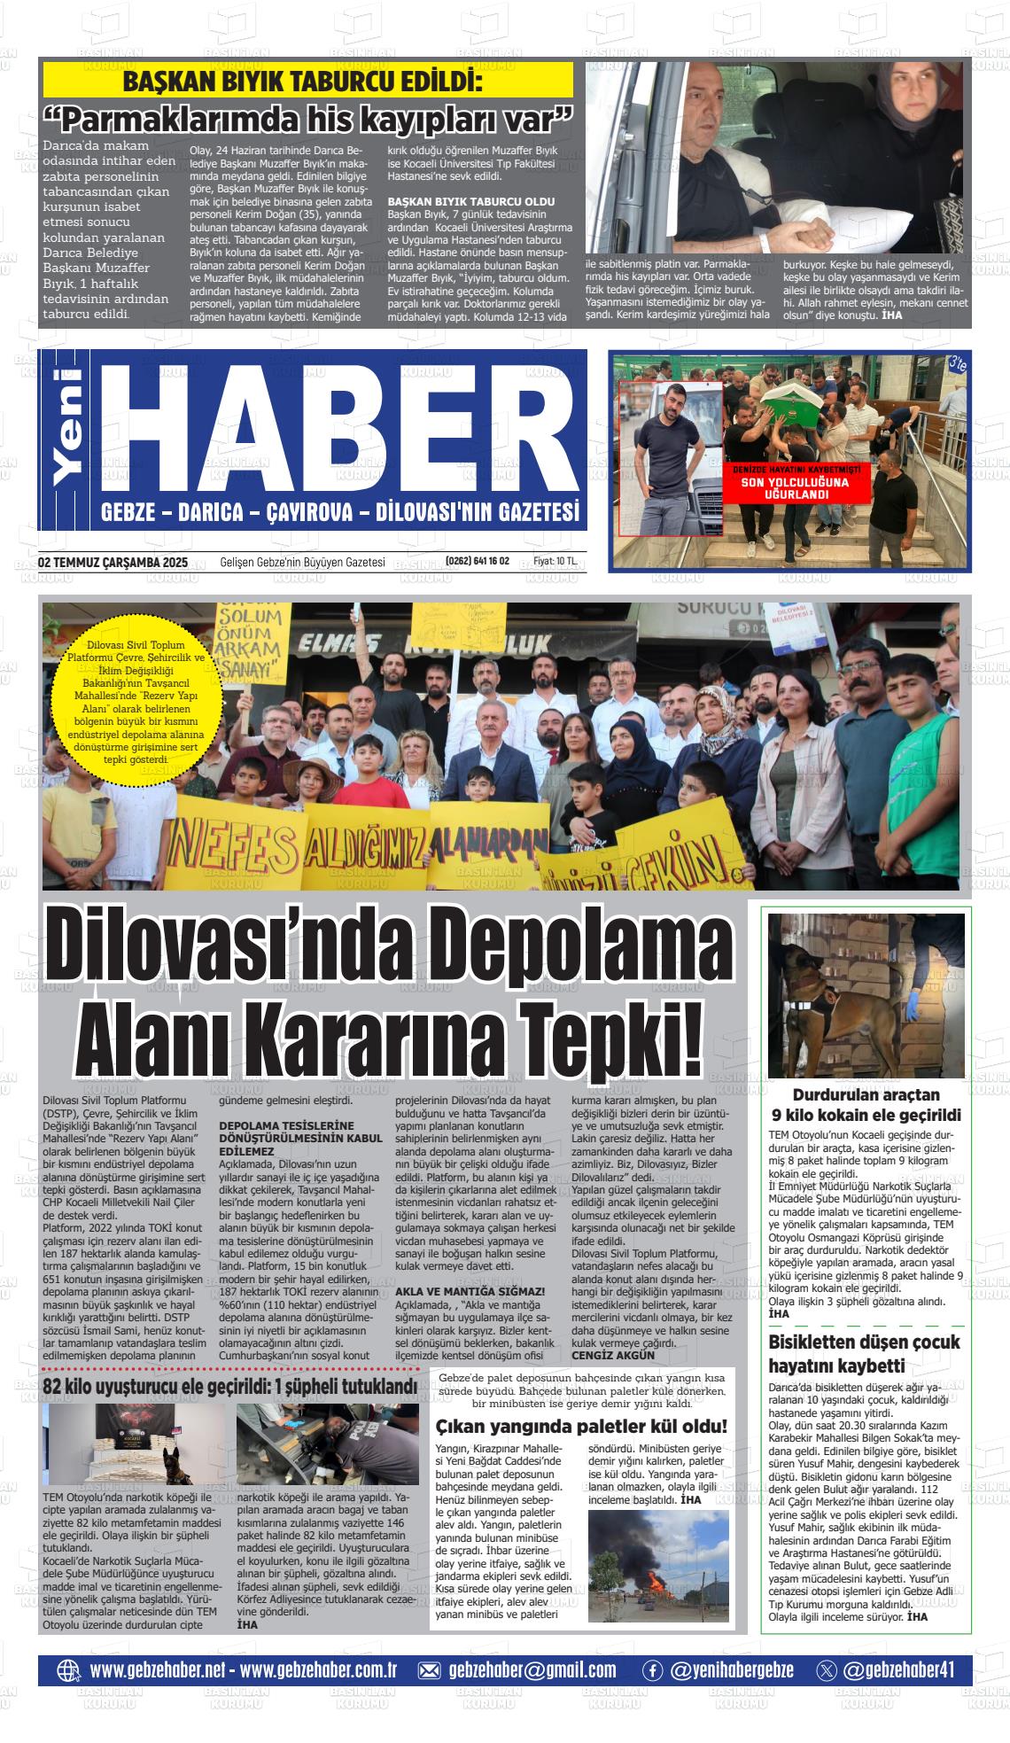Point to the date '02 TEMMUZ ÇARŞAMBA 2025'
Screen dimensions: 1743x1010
(113, 562)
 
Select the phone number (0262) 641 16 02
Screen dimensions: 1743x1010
(478, 562)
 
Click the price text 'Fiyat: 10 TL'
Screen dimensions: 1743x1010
(555, 562)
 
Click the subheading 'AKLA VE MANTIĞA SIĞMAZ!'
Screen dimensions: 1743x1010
(470, 1292)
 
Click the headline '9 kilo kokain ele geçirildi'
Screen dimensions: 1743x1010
(866, 1115)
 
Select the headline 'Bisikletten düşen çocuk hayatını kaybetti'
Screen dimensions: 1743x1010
(864, 1354)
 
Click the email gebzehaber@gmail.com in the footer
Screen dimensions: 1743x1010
(532, 1670)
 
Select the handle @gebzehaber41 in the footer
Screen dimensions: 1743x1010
(899, 1670)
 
